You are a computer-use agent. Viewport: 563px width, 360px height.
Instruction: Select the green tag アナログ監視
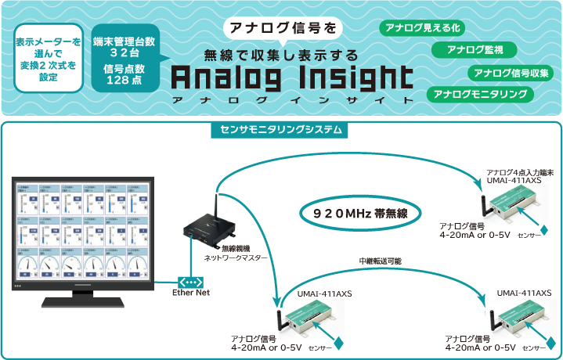[x=475, y=50]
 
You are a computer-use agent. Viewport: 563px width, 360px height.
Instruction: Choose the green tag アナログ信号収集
[x=511, y=73]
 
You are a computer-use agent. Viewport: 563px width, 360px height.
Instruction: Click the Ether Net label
[x=191, y=293]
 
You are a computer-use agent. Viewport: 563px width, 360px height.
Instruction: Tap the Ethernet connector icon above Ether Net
[x=190, y=281]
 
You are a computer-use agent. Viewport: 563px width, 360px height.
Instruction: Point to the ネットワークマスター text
[x=236, y=257]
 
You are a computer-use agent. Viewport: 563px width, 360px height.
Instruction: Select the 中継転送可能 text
[x=378, y=261]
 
